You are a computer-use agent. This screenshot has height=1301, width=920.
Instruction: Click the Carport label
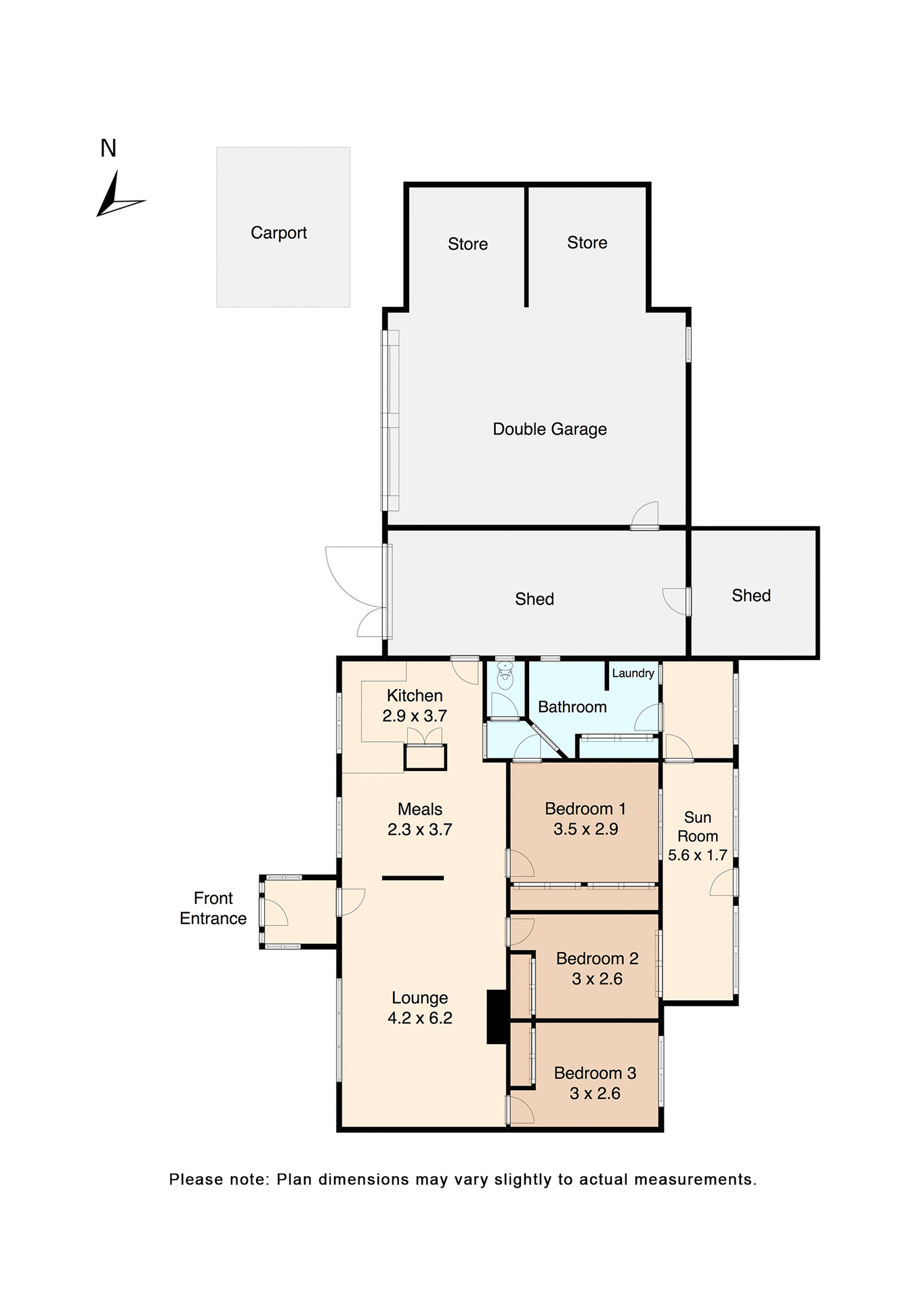[x=278, y=233]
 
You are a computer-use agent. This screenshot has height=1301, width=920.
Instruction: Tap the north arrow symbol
[x=118, y=197]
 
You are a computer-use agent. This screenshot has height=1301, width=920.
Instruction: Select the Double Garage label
[x=549, y=429]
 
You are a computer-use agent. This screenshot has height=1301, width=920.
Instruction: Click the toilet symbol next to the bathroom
[x=505, y=674]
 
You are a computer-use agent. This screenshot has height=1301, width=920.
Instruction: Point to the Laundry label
[x=633, y=673]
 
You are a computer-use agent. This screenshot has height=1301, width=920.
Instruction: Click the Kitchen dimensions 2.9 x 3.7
[x=415, y=716]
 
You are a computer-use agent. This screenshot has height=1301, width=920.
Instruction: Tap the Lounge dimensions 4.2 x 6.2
[x=419, y=1018]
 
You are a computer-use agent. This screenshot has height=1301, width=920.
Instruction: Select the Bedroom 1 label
[x=585, y=808]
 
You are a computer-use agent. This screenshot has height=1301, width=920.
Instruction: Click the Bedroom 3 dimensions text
[x=595, y=1093]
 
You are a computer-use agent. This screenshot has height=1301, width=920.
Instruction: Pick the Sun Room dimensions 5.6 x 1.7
[x=697, y=855]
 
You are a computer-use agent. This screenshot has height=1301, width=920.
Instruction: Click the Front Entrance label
[x=213, y=908]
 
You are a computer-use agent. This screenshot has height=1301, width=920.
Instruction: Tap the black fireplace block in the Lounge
[x=497, y=1016]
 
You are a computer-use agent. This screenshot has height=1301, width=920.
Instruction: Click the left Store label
[x=467, y=244]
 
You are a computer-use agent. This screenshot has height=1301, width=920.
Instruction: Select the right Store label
[x=587, y=243]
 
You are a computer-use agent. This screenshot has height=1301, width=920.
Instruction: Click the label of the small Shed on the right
[x=751, y=596]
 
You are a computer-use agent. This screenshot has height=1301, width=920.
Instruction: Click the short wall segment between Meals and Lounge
[x=413, y=878]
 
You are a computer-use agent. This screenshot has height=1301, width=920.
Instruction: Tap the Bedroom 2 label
[x=597, y=958]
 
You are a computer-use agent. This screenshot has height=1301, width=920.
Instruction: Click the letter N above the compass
[x=108, y=148]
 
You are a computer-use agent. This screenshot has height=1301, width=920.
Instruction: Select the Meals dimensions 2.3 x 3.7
[x=419, y=829]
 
